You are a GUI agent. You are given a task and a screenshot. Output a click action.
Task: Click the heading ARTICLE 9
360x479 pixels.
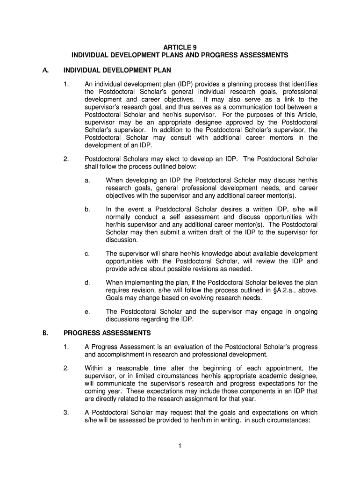point(180,47)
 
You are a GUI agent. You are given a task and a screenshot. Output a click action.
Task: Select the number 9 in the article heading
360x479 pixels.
point(194,47)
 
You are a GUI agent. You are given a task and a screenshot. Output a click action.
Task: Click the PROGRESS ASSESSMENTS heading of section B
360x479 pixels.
point(107,333)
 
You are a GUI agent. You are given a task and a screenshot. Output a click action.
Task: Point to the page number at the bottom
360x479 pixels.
point(180,446)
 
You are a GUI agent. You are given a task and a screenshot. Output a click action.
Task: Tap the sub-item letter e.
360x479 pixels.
point(87,312)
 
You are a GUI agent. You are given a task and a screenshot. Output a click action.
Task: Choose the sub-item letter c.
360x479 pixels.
point(87,254)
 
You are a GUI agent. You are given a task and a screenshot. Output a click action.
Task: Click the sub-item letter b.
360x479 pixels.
point(87,210)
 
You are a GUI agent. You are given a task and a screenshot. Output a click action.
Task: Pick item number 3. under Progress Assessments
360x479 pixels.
point(66,413)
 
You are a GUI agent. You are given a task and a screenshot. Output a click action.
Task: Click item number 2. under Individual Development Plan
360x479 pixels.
point(66,160)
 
